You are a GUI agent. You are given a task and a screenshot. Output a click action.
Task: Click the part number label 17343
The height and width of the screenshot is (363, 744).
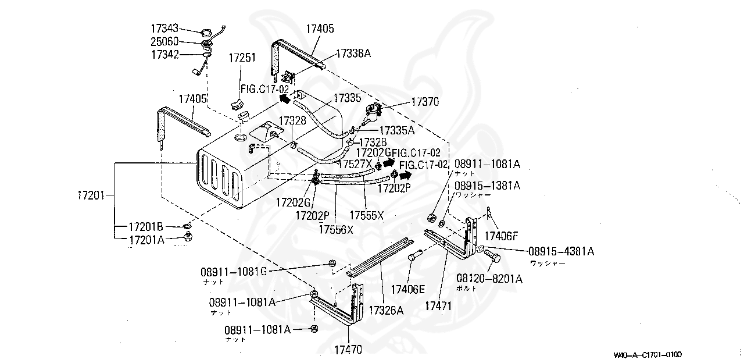[164, 29]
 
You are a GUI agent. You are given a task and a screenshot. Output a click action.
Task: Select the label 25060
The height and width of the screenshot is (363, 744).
[164, 42]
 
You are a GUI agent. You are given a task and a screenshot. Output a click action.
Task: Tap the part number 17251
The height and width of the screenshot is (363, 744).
[242, 58]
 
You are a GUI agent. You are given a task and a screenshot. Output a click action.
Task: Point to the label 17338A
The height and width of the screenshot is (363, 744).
[353, 54]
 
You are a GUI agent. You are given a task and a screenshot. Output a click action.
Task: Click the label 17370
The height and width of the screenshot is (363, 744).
[425, 101]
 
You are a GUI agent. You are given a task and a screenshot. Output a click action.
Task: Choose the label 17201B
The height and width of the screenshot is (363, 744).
[146, 226]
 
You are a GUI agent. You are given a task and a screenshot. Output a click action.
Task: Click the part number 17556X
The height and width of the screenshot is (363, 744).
[335, 229]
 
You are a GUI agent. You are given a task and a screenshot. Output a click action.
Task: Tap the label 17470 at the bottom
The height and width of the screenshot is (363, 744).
[348, 350]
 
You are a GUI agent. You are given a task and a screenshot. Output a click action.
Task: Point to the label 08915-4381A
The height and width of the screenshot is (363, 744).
[561, 251]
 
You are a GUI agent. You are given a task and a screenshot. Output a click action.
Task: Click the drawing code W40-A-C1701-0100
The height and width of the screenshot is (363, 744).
[647, 354]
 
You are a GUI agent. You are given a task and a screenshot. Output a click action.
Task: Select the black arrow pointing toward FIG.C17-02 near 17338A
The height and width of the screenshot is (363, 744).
[284, 98]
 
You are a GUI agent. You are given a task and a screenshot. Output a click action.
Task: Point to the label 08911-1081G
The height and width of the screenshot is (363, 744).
[234, 272]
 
